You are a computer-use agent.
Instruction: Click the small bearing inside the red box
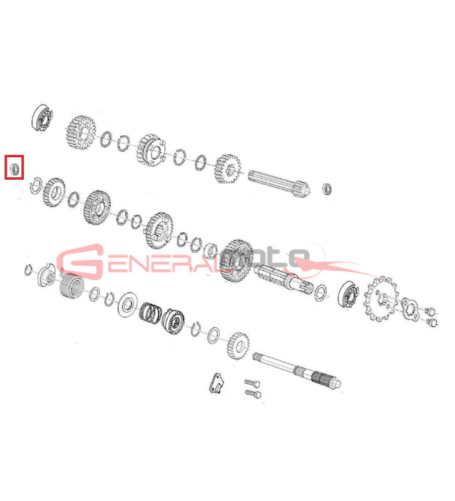pos(14,168)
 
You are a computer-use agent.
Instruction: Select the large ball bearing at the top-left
pos(43,117)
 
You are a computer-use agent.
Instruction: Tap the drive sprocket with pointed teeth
pos(381,299)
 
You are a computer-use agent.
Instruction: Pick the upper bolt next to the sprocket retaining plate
pos(430,310)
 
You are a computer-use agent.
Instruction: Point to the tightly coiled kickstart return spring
pos(72,286)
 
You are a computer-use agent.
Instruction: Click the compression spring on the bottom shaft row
pos(150,312)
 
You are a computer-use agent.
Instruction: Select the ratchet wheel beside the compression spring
pos(173,321)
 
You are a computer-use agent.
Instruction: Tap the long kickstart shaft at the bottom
pos(297,370)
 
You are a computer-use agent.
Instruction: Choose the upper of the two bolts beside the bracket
pos(252,383)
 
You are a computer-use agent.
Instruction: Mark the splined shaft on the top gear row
pos(279,183)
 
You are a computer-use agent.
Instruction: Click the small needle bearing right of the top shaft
pos(327,189)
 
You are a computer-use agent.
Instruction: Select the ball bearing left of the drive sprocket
pos(348,295)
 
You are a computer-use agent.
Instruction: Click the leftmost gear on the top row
pos(81,132)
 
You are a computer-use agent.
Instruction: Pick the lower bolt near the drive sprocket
pos(432,322)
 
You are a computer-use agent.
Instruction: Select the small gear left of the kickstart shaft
pos(238,346)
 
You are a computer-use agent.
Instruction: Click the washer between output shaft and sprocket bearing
pos(320,292)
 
